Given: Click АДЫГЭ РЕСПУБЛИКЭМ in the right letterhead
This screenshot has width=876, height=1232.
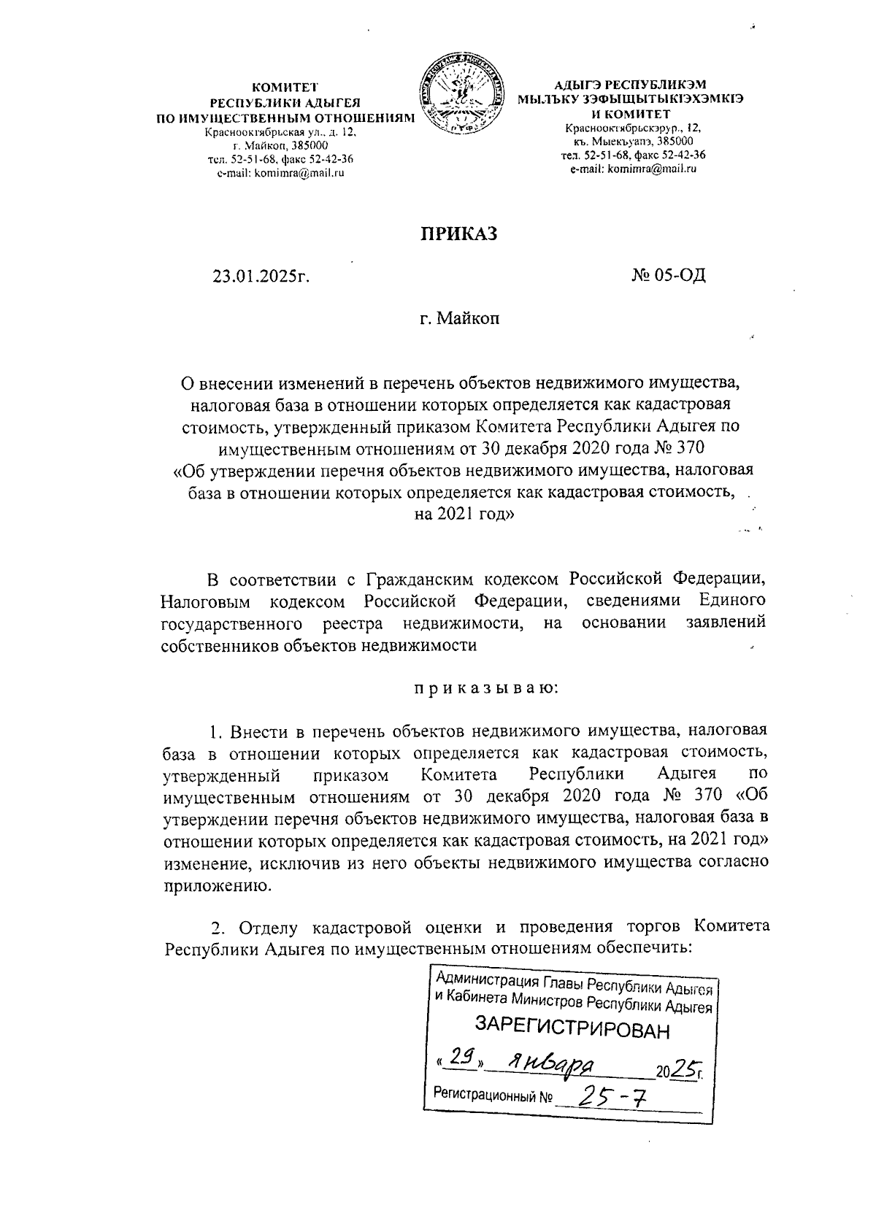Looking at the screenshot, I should [631, 85].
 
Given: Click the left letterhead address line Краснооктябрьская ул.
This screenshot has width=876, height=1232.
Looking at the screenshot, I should [282, 133].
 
